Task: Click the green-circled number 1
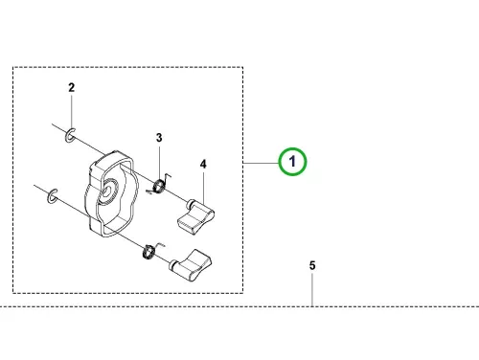click(x=292, y=162)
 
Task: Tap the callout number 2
click(x=72, y=87)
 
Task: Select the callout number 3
click(x=159, y=138)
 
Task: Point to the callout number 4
click(x=203, y=164)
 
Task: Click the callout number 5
click(x=312, y=265)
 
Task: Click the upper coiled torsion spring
click(x=159, y=186)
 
